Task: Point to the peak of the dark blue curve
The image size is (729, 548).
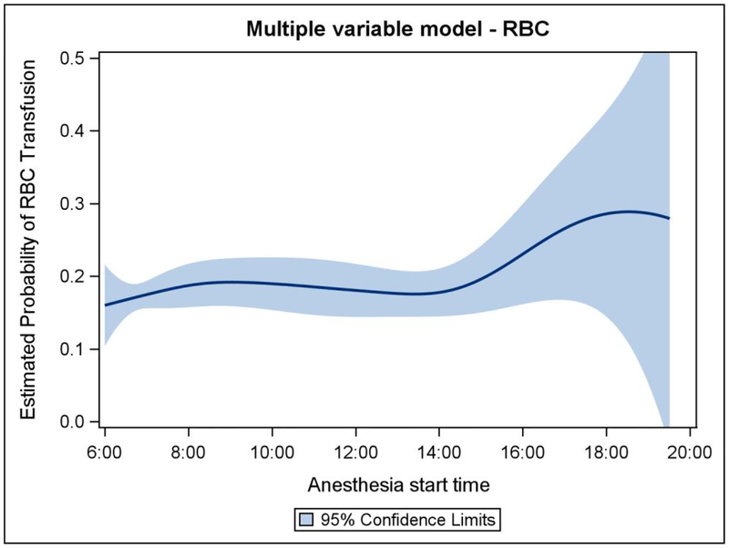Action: pos(628,212)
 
